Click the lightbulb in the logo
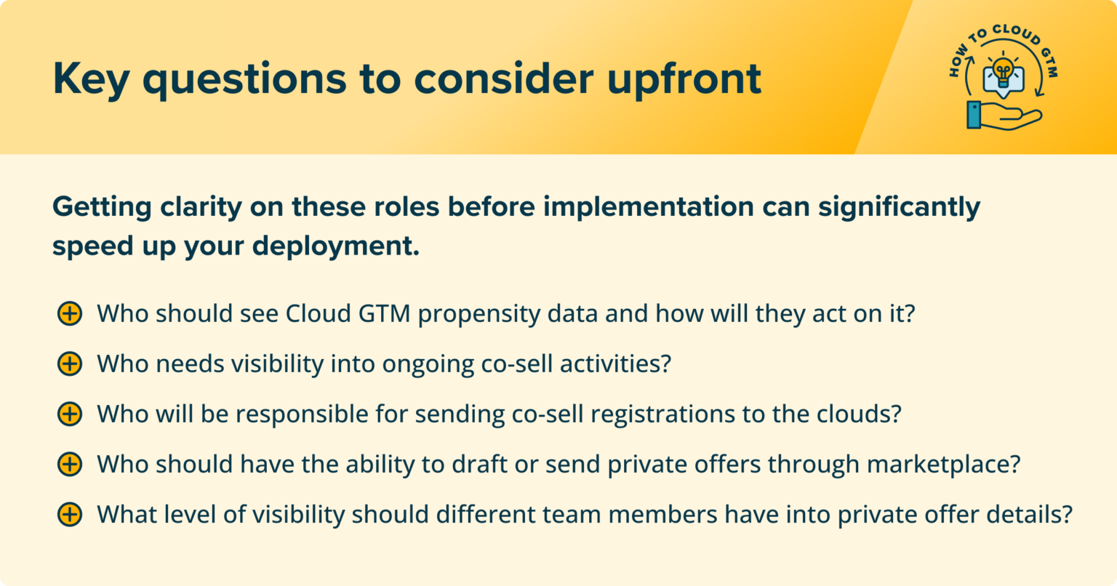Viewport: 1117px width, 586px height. point(1004,72)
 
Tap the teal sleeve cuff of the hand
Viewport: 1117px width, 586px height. point(974,115)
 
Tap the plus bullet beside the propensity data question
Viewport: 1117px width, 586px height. point(69,314)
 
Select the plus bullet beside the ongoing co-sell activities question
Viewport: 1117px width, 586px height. point(69,364)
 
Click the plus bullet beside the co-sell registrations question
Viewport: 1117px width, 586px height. point(69,414)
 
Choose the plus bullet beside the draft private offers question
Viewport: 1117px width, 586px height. point(69,464)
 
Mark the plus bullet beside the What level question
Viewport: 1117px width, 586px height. point(69,514)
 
